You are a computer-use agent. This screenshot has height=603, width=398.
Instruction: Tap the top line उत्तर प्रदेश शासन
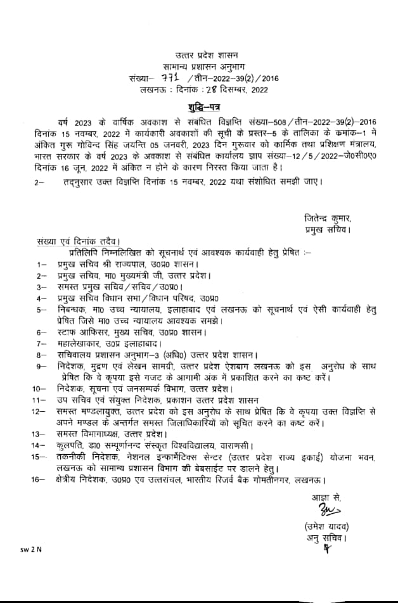[198, 57]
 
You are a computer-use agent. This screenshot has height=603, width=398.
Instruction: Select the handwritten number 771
[168, 79]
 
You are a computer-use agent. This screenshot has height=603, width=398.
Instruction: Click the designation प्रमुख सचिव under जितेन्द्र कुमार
[326, 229]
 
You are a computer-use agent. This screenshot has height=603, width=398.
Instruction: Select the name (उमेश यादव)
[326, 527]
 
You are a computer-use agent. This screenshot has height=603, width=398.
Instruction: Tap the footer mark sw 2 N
[30, 549]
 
